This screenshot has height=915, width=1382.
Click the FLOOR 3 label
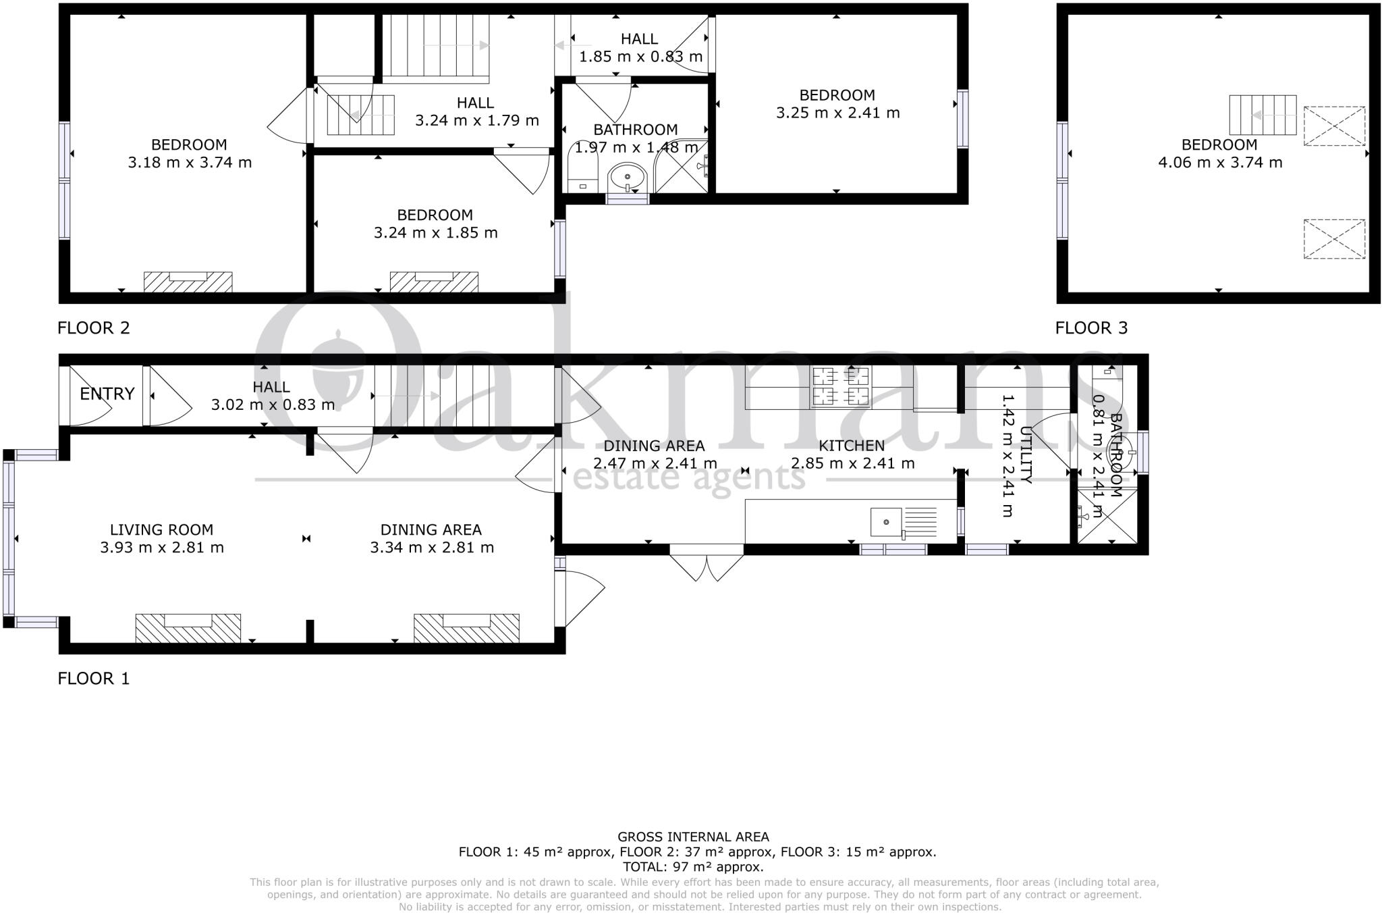pos(1091,328)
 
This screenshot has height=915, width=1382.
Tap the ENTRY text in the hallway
pos(107,394)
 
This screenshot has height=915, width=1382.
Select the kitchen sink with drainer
pos(904,522)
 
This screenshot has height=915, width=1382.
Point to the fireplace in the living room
pos(188,628)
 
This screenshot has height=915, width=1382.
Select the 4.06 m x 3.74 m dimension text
pos(1220,163)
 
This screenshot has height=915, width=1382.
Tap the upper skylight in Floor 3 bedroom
pos(1333,126)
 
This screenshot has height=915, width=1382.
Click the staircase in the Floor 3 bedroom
pos(1263,115)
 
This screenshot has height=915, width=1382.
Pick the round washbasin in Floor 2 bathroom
pos(627,178)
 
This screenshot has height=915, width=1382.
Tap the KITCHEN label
pos(852,446)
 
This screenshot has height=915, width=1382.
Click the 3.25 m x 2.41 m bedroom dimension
pos(837,113)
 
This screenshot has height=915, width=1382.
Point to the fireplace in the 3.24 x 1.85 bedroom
pos(434,282)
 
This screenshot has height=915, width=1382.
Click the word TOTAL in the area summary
pos(645,867)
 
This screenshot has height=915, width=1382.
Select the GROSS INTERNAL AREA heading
pos(693,837)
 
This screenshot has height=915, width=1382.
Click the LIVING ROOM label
pos(162,530)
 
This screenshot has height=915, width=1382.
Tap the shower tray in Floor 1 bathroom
pos(1107,516)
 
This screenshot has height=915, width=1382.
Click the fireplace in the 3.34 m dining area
pos(466,628)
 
